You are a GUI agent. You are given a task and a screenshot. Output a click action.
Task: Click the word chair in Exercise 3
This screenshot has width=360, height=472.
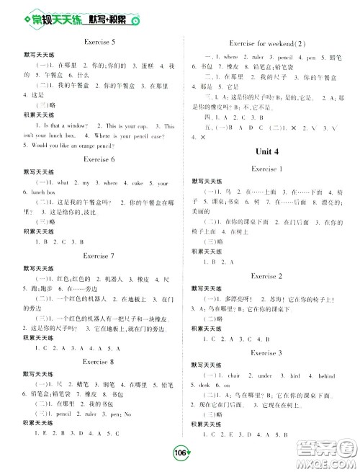tap(233, 375)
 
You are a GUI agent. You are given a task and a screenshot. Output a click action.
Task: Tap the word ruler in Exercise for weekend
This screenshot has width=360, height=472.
tap(256, 56)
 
